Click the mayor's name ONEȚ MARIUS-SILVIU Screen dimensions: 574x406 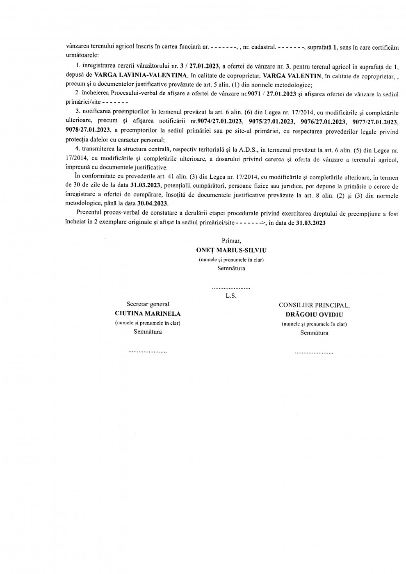pyautogui.click(x=231, y=250)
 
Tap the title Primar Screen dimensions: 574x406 pyautogui.click(x=231, y=241)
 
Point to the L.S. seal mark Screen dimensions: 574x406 pyautogui.click(x=231, y=296)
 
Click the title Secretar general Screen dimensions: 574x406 pyautogui.click(x=148, y=304)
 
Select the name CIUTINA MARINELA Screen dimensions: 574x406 pyautogui.click(x=148, y=314)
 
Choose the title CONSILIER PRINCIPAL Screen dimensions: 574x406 pyautogui.click(x=314, y=305)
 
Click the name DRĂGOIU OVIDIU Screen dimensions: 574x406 pyautogui.click(x=314, y=315)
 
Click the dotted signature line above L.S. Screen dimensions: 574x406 pyautogui.click(x=231, y=288)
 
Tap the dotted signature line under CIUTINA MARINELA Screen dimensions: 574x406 pyautogui.click(x=148, y=352)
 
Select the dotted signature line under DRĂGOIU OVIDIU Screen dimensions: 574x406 pyautogui.click(x=314, y=353)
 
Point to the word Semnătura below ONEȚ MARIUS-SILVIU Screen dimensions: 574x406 pyautogui.click(x=231, y=269)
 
